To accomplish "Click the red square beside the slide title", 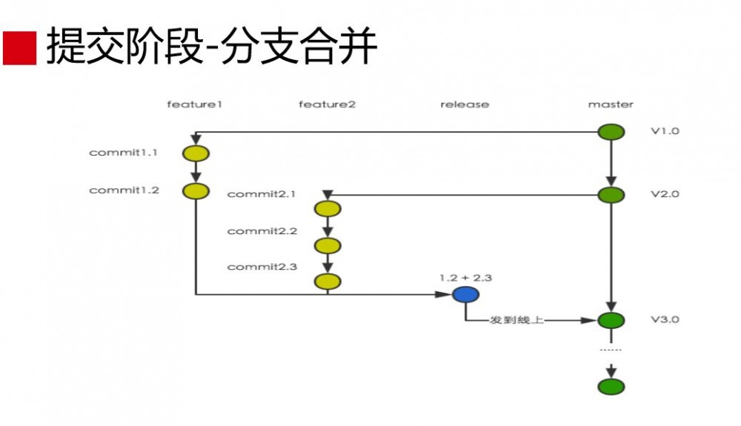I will (x=19, y=48).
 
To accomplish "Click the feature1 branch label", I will (x=195, y=104).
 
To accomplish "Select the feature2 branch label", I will (x=327, y=104).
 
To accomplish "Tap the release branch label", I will (x=465, y=104).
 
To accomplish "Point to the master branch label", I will (x=611, y=104).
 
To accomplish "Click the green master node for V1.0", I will (x=611, y=131).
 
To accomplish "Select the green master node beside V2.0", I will (x=611, y=195).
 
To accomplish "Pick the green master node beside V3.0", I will (x=611, y=321).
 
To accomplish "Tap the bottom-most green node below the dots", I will (x=611, y=386).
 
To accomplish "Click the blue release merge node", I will (x=465, y=295).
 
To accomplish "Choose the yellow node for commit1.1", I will (x=196, y=153).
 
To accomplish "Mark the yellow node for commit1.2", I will (x=196, y=191).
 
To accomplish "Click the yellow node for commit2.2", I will (x=327, y=245).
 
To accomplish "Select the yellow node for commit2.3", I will (x=327, y=282).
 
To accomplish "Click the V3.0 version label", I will (x=665, y=320).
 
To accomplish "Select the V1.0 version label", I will (x=665, y=131).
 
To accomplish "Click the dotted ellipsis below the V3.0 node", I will (x=611, y=349).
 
